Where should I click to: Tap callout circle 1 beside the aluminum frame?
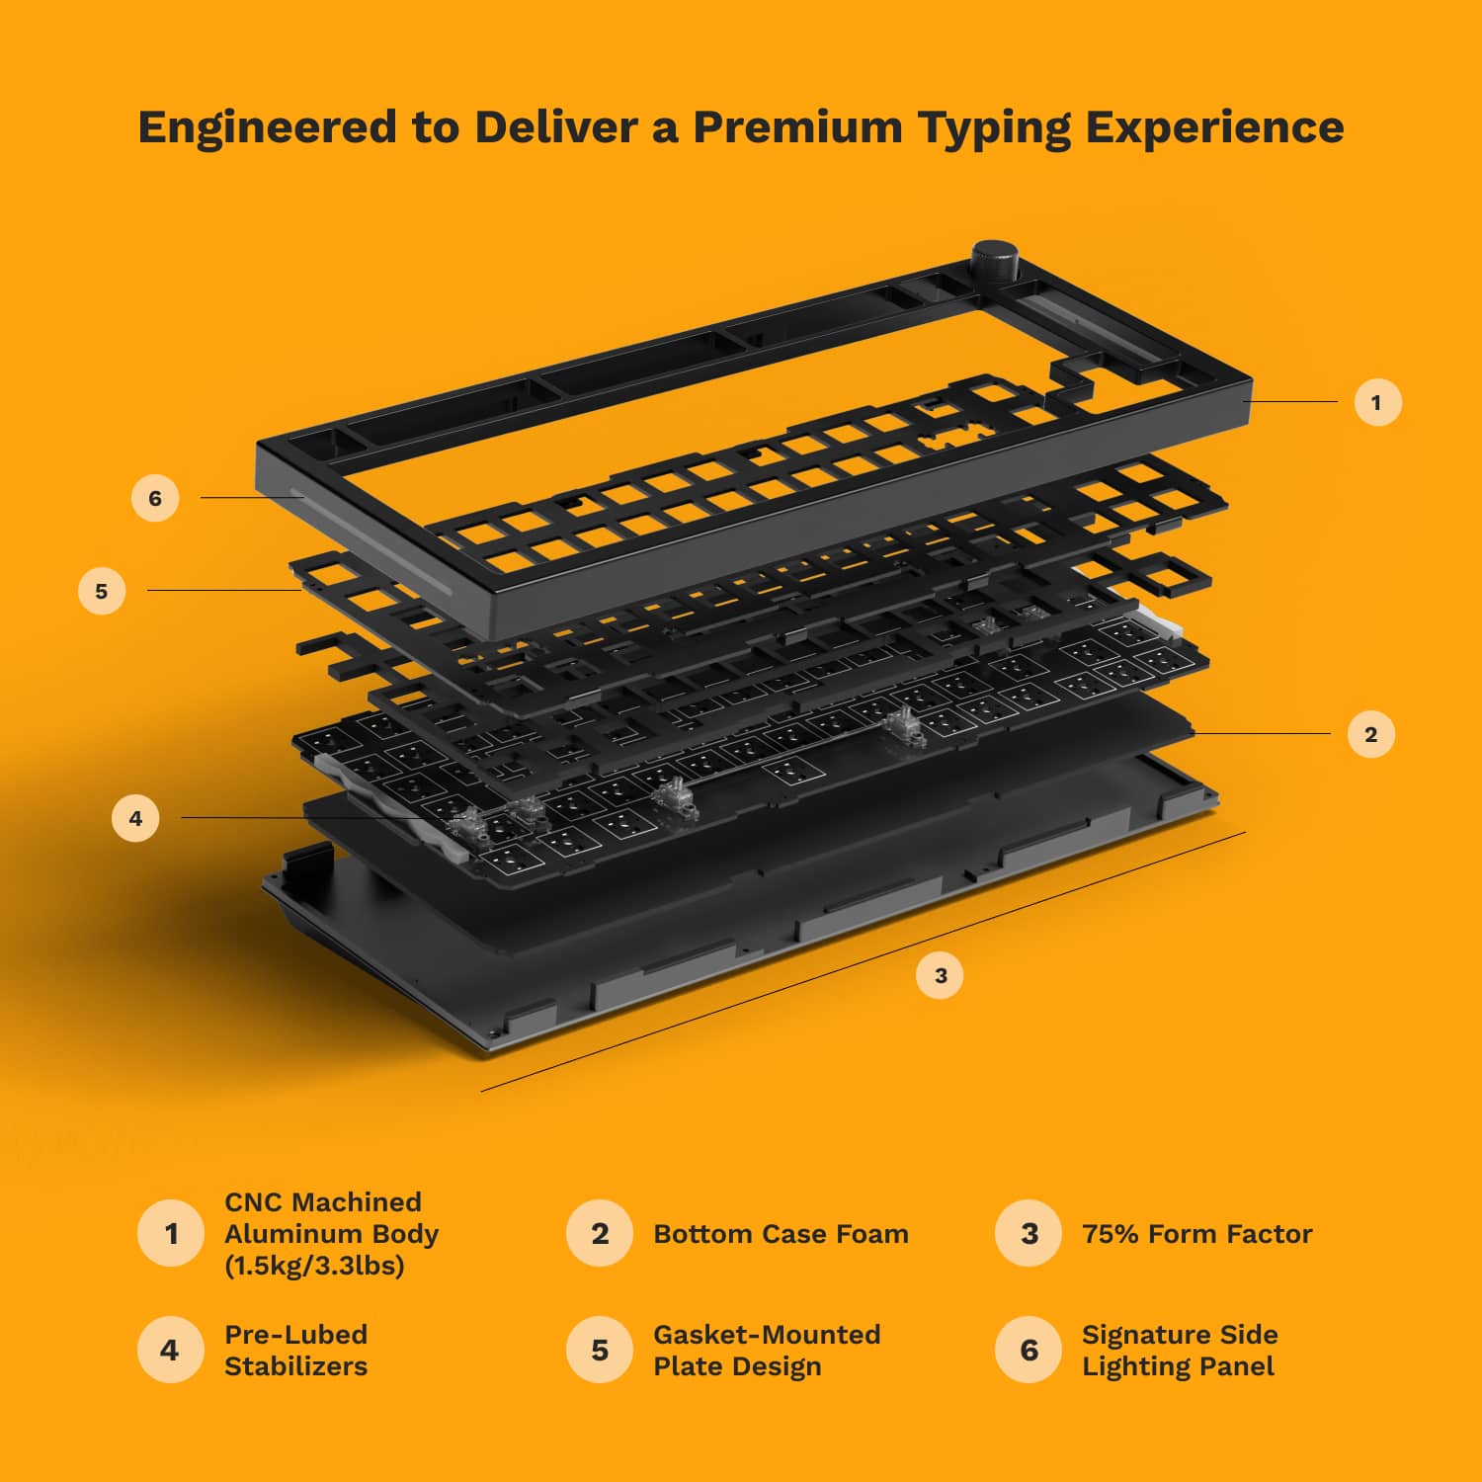(x=1377, y=402)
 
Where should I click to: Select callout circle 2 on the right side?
(x=1370, y=734)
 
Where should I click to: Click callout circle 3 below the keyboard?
(x=940, y=975)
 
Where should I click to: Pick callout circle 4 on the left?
(x=135, y=818)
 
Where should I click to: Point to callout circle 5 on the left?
(x=102, y=591)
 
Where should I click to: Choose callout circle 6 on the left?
(x=155, y=498)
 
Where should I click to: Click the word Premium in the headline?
(x=797, y=126)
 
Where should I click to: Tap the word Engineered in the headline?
(x=267, y=126)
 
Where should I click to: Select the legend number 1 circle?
(x=171, y=1233)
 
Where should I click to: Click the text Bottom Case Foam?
(x=781, y=1234)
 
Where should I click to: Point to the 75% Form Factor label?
(x=1196, y=1234)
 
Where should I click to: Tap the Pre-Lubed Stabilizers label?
(x=295, y=1350)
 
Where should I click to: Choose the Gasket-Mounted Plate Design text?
(x=766, y=1350)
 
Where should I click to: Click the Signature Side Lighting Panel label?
(x=1179, y=1350)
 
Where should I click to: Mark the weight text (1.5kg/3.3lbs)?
(x=314, y=1266)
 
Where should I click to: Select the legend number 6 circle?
(x=1029, y=1350)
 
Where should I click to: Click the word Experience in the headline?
(x=1214, y=126)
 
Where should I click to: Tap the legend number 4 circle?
(x=170, y=1350)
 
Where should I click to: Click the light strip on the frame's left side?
(x=375, y=543)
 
